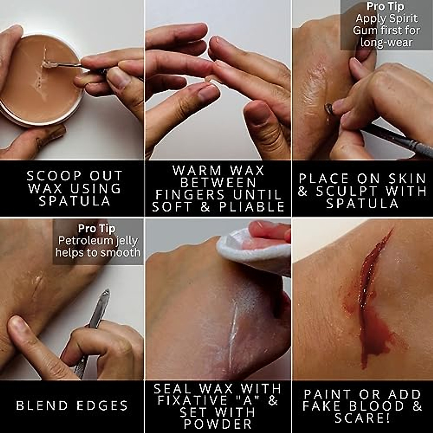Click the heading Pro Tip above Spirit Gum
385,6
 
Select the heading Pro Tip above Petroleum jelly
97,229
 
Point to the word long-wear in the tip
386,42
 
